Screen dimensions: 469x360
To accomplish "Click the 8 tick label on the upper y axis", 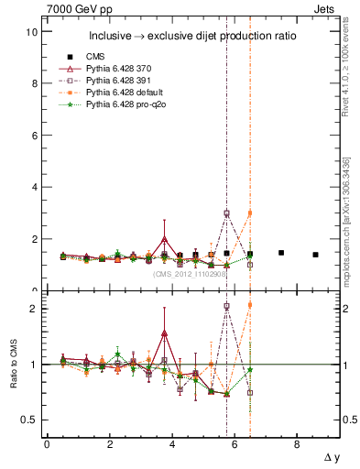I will click(x=34, y=83).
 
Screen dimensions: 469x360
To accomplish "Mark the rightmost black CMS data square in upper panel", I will click(x=315, y=255).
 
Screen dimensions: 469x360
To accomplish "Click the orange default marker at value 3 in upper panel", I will click(x=250, y=213).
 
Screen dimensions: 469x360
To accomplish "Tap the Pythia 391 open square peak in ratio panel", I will click(x=226, y=307).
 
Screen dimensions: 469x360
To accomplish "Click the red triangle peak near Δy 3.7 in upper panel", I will click(x=164, y=239).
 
